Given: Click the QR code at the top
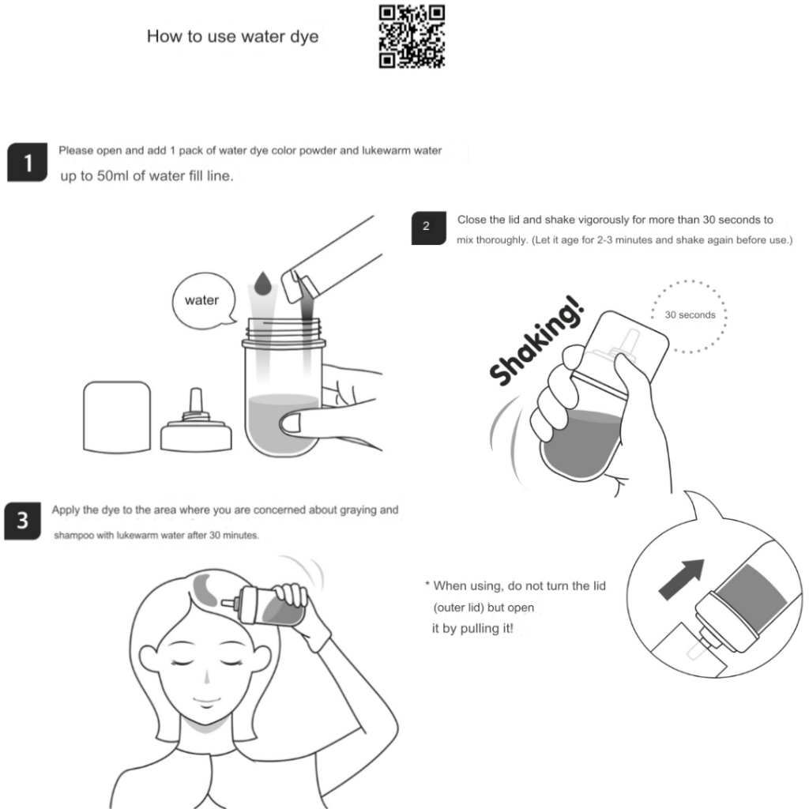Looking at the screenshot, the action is [x=412, y=36].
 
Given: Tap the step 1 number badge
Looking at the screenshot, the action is [x=28, y=163].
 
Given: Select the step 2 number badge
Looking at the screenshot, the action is [x=428, y=228].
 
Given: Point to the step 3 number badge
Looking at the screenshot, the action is [x=22, y=521].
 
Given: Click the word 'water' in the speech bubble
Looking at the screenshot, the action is [x=201, y=300].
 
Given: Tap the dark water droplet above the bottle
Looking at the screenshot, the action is [x=262, y=284].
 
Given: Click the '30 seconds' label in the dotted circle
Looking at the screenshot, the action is [x=690, y=314].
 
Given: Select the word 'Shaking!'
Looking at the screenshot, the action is [x=536, y=341].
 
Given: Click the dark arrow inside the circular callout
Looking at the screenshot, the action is [x=682, y=579].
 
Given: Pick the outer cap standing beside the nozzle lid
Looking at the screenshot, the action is [x=117, y=417].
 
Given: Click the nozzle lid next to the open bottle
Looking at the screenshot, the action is [x=196, y=420].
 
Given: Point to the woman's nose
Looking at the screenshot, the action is [x=207, y=676].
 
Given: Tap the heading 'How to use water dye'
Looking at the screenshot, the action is [x=233, y=36].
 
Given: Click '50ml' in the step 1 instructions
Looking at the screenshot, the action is [x=112, y=176].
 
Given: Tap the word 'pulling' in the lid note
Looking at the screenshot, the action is [x=476, y=628].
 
